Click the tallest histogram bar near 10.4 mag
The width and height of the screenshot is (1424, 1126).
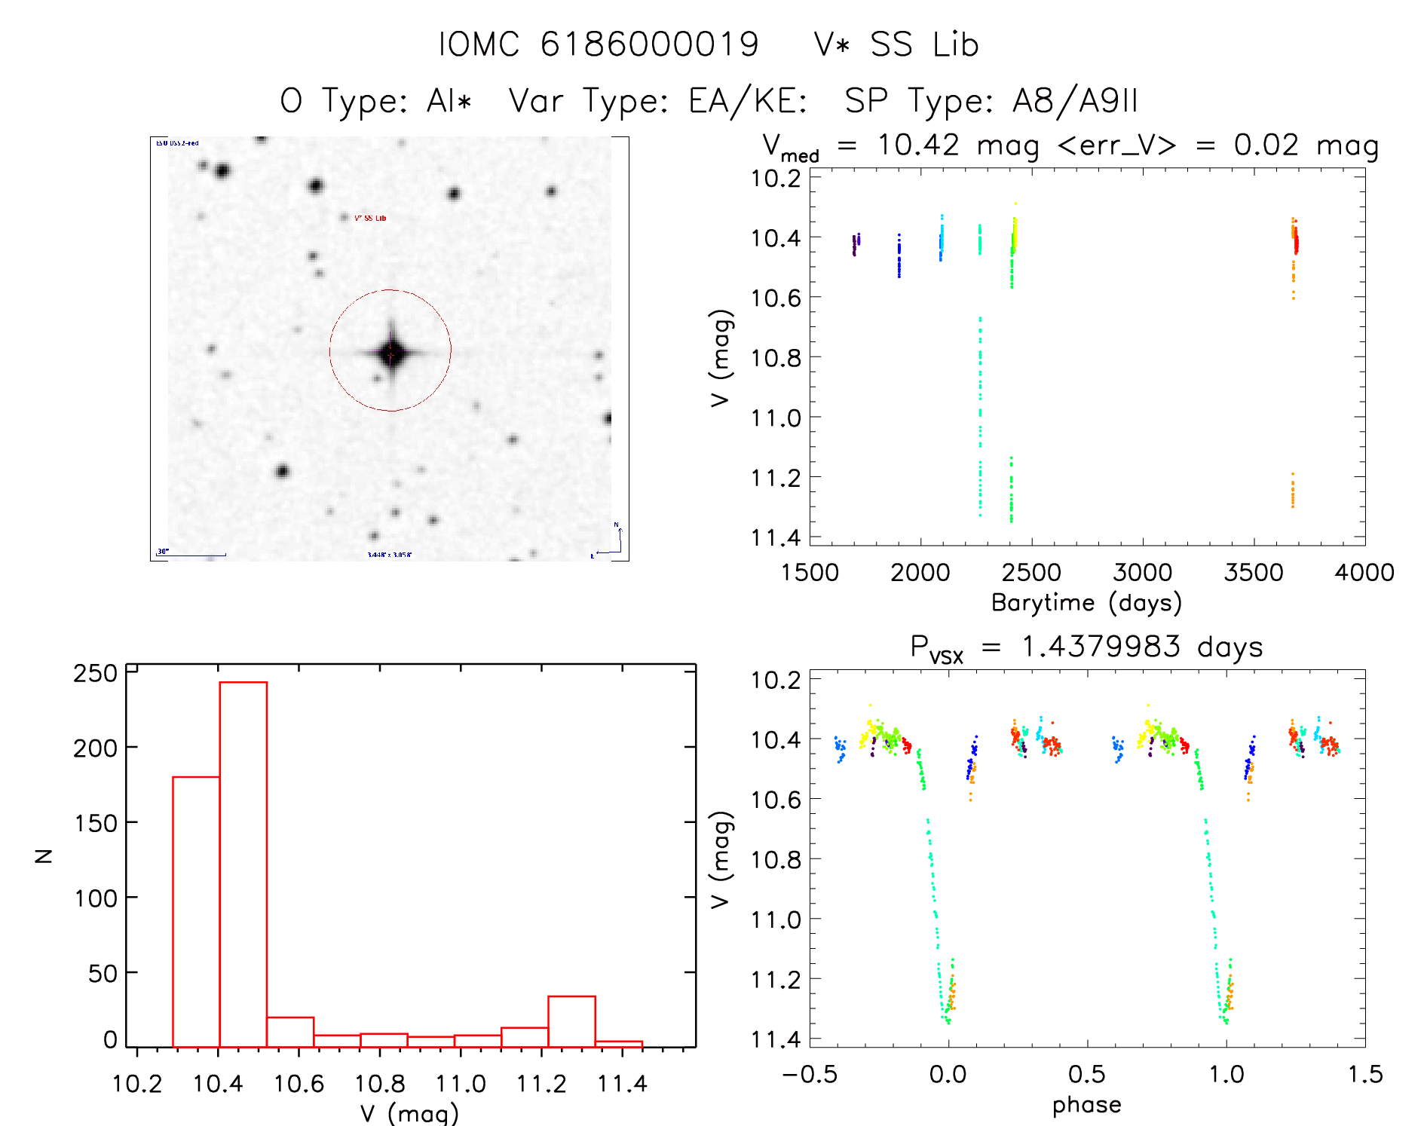[243, 863]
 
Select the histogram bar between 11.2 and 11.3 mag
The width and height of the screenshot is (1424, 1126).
[571, 1020]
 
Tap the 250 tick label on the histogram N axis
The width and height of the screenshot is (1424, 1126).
[95, 673]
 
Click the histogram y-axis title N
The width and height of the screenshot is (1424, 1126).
[44, 855]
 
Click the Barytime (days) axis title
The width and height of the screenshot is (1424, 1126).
[1086, 603]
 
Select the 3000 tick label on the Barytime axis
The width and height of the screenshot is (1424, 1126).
[1142, 572]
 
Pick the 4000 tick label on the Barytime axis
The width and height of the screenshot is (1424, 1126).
[1364, 572]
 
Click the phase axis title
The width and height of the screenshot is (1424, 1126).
[1086, 1105]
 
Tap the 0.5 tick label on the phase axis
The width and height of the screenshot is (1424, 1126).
[1086, 1074]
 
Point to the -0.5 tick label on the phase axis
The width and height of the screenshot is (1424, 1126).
[809, 1074]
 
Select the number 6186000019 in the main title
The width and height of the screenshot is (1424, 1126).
[649, 44]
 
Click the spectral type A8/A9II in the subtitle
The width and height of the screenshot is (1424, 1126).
[1074, 101]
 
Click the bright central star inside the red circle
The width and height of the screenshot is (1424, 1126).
[390, 352]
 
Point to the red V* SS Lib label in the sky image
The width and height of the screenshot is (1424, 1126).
[370, 219]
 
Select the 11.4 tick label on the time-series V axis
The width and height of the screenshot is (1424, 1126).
[775, 537]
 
